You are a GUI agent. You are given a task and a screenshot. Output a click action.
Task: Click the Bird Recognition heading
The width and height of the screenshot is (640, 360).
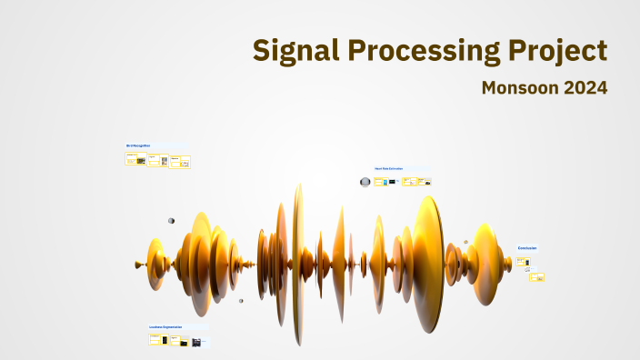[138, 145]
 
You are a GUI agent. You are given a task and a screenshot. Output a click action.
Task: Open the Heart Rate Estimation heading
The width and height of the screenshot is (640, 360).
[388, 168]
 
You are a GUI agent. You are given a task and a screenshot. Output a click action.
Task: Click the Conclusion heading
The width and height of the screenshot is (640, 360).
[527, 248]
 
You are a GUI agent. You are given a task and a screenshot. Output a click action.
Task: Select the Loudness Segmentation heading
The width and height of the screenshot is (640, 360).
[165, 326]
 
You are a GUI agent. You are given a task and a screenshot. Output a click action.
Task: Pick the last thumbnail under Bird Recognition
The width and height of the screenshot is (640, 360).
[185, 162]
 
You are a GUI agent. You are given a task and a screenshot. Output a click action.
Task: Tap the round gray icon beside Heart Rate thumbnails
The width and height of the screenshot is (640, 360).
[365, 182]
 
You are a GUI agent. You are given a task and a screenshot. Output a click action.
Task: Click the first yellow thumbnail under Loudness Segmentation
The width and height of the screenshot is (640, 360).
[155, 339]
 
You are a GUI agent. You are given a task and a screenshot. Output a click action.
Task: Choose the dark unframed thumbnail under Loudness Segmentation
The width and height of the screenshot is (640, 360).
[196, 343]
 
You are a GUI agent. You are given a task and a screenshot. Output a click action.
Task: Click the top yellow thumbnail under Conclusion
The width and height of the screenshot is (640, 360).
[522, 262]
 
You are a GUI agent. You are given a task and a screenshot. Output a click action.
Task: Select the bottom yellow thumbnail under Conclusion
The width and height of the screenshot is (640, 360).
[537, 276]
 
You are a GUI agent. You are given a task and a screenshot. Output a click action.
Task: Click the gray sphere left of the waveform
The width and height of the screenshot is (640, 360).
[171, 220]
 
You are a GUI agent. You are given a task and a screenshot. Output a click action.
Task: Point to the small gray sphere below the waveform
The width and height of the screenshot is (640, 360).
[241, 300]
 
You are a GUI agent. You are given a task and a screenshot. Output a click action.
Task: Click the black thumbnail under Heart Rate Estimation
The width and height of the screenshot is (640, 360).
[392, 182]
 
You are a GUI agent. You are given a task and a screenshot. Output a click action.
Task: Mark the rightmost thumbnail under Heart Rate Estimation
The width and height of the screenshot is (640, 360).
[424, 181]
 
